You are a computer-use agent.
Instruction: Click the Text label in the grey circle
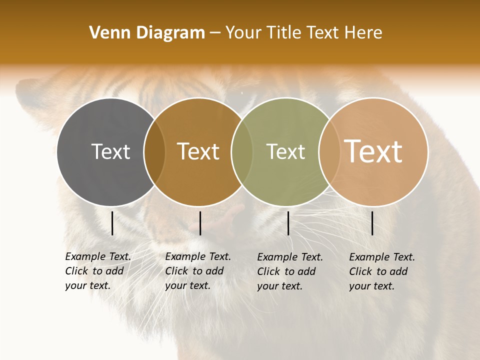110,151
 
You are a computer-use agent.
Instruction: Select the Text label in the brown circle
198,151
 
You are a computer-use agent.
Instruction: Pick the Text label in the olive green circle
285,151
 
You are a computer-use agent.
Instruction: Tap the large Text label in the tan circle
373,151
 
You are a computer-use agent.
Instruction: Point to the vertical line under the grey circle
112,223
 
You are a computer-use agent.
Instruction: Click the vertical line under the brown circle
200,223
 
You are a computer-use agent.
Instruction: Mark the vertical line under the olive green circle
288,223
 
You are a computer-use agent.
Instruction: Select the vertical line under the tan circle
372,223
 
